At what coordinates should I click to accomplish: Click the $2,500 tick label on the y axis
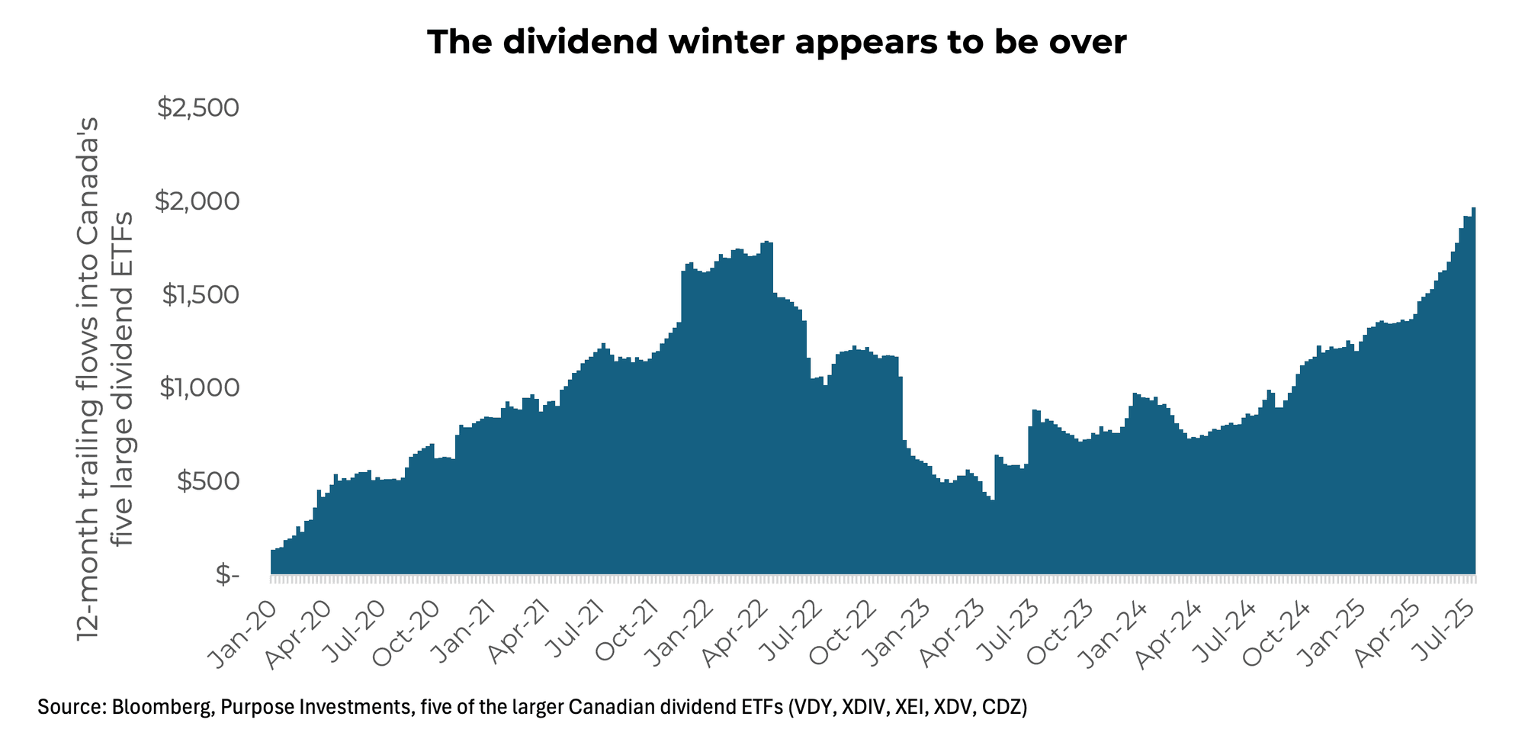pyautogui.click(x=198, y=108)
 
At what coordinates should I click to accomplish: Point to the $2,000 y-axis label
pyautogui.click(x=198, y=202)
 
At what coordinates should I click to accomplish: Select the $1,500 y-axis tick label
pyautogui.click(x=200, y=295)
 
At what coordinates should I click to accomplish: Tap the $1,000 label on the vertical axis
pyautogui.click(x=200, y=388)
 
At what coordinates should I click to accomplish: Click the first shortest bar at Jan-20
pyautogui.click(x=273, y=562)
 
